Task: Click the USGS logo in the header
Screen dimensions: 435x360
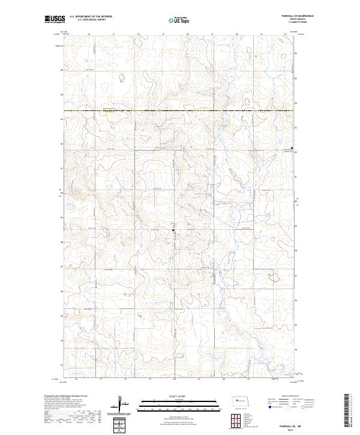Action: tap(55, 20)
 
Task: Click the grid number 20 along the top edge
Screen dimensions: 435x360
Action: tap(188, 34)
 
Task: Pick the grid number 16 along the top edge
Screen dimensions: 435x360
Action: tap(89, 34)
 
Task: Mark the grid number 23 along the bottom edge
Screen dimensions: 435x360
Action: tap(248, 379)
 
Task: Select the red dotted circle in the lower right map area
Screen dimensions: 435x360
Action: tap(275, 277)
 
